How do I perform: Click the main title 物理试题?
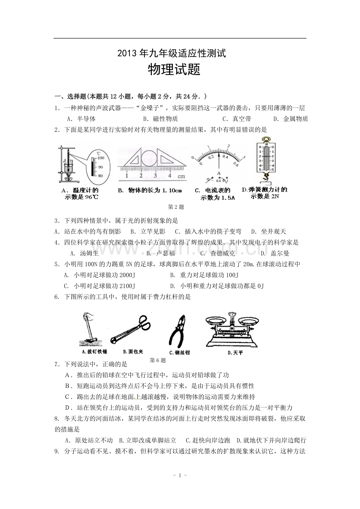point(174,70)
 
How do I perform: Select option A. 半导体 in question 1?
point(81,119)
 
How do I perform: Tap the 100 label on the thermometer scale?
point(101,158)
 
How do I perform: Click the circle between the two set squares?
point(149,159)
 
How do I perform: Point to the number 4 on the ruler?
point(170,176)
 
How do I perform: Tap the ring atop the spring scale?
point(266,139)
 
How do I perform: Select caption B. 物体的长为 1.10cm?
point(150,190)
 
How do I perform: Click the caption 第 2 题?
point(176,207)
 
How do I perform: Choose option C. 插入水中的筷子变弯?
point(208,231)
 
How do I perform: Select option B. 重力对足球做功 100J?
point(204,275)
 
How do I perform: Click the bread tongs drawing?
point(131,329)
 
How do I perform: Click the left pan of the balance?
point(216,321)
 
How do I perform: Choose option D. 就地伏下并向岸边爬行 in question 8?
point(271,440)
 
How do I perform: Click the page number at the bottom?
point(180,475)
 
